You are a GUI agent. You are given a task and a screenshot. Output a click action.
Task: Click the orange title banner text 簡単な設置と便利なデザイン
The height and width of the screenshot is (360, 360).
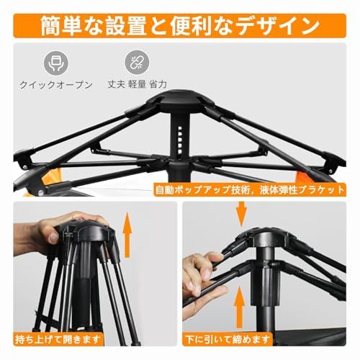coord(180,26)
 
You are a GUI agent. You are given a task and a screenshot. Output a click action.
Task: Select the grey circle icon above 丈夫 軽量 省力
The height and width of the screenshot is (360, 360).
coord(135,62)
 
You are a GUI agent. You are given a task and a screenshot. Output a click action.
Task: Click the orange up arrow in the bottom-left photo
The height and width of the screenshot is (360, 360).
coord(129,238)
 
